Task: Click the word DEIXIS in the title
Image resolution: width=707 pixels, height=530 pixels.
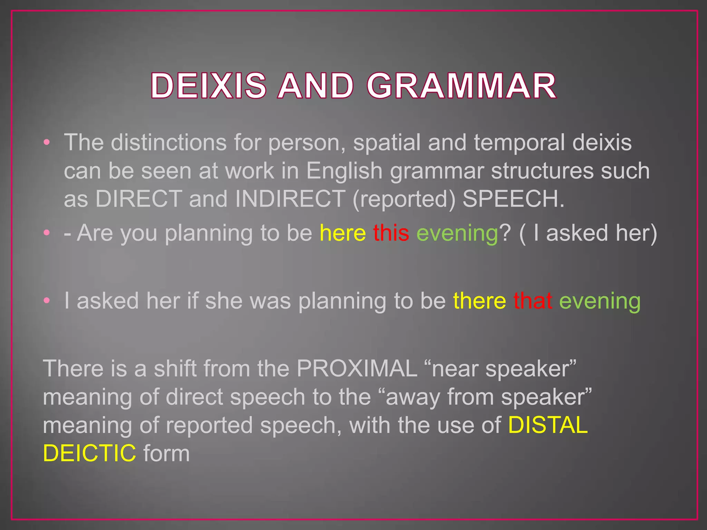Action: tap(209, 86)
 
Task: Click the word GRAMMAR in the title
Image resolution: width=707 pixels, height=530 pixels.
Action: tap(461, 86)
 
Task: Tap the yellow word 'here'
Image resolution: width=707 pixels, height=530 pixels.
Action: tap(342, 233)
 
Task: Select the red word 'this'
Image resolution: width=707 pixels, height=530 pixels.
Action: tap(391, 233)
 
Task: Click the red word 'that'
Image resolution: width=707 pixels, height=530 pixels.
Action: tap(532, 301)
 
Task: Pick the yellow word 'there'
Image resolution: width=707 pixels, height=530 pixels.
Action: tap(479, 301)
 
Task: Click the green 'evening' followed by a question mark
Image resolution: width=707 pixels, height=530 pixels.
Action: tap(457, 234)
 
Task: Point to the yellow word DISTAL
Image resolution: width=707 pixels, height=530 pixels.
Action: tap(548, 425)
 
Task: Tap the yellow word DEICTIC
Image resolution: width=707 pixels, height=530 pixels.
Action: tap(89, 453)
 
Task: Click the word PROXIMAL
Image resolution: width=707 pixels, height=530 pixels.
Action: tap(357, 369)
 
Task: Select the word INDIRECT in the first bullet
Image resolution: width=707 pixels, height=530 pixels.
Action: tap(290, 199)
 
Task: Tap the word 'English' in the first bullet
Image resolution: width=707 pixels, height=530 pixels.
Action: tap(344, 171)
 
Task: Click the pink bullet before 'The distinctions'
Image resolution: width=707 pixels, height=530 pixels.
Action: tap(47, 142)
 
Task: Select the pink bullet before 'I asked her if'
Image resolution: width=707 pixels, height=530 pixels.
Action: tap(47, 301)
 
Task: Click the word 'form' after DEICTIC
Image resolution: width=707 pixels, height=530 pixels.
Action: tap(166, 453)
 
